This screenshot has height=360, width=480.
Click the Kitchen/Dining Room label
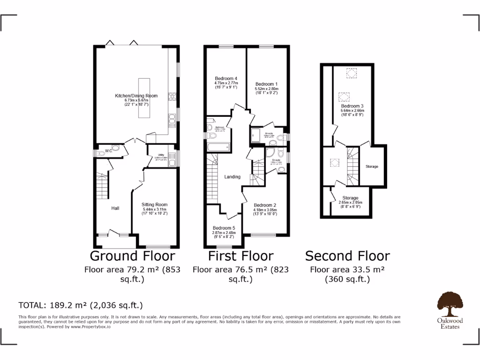tap(136, 96)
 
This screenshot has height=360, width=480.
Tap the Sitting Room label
tap(155, 205)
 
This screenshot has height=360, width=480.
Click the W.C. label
tap(108, 150)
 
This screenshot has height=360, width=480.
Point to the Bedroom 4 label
tap(226, 78)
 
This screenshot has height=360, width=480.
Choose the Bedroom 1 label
tap(266, 84)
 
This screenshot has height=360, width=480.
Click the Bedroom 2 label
tap(265, 205)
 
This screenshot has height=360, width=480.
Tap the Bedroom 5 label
tap(224, 228)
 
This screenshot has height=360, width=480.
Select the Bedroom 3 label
tap(352, 106)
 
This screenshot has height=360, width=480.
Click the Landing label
tap(232, 177)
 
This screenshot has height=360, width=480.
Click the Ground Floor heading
tap(132, 256)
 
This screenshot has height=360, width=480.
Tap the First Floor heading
tap(240, 256)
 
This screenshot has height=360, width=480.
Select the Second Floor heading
tap(347, 256)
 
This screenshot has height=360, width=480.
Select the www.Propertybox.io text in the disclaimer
tap(90, 327)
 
